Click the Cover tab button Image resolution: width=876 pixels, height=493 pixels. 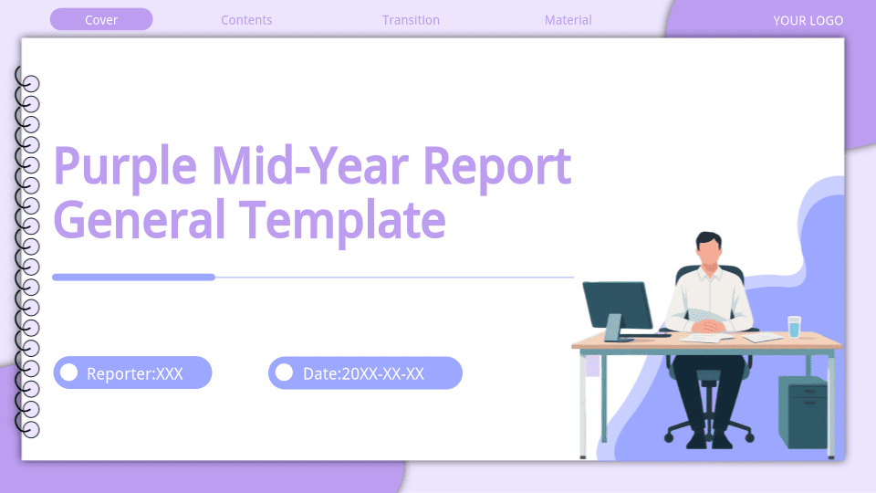[x=101, y=19]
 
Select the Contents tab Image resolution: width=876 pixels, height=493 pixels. [x=246, y=20]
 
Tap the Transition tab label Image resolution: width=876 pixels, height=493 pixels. [x=411, y=20]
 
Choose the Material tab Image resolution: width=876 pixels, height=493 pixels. [x=568, y=20]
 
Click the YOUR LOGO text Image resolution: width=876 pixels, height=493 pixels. [x=808, y=21]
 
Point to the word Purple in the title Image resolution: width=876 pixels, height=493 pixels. [x=125, y=167]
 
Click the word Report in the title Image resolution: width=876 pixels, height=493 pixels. [x=497, y=167]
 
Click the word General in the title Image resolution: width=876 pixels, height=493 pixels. [x=139, y=220]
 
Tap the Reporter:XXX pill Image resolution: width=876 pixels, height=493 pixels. [x=132, y=372]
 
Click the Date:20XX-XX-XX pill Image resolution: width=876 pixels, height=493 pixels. [x=365, y=372]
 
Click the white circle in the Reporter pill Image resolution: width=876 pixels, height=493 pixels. [x=68, y=372]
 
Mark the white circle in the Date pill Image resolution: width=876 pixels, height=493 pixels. [x=284, y=372]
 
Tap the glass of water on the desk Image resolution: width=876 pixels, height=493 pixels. [x=794, y=327]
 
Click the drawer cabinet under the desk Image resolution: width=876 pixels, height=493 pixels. [x=803, y=413]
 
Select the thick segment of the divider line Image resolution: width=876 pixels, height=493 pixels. [x=133, y=278]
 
